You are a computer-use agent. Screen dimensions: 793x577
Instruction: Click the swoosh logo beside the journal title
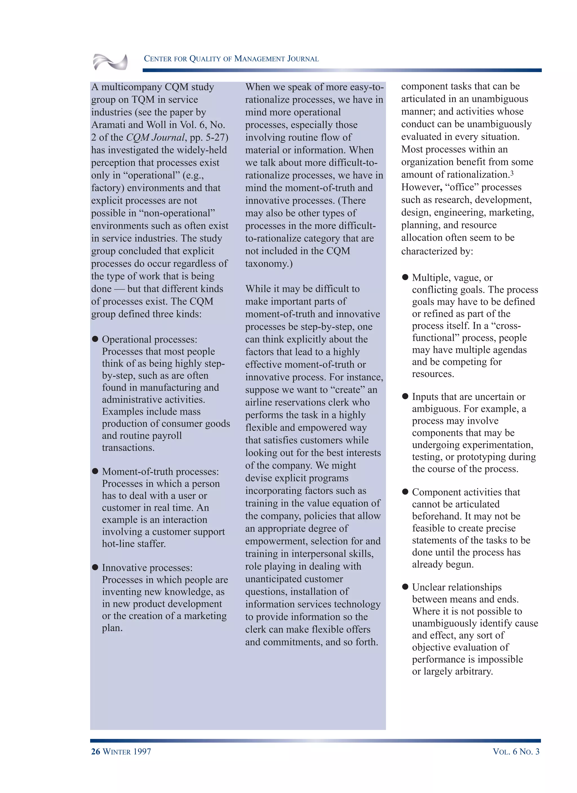[x=110, y=62]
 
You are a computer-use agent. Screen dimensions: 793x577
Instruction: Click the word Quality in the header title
[x=210, y=59]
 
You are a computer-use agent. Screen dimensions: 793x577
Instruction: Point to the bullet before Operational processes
[x=95, y=339]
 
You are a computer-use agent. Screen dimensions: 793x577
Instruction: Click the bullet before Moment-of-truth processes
[x=95, y=471]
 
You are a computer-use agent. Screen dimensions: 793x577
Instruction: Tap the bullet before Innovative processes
[x=95, y=567]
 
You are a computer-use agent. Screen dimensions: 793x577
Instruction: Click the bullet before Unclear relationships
[x=405, y=587]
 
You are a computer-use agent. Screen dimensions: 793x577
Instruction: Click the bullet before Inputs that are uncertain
[x=405, y=396]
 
